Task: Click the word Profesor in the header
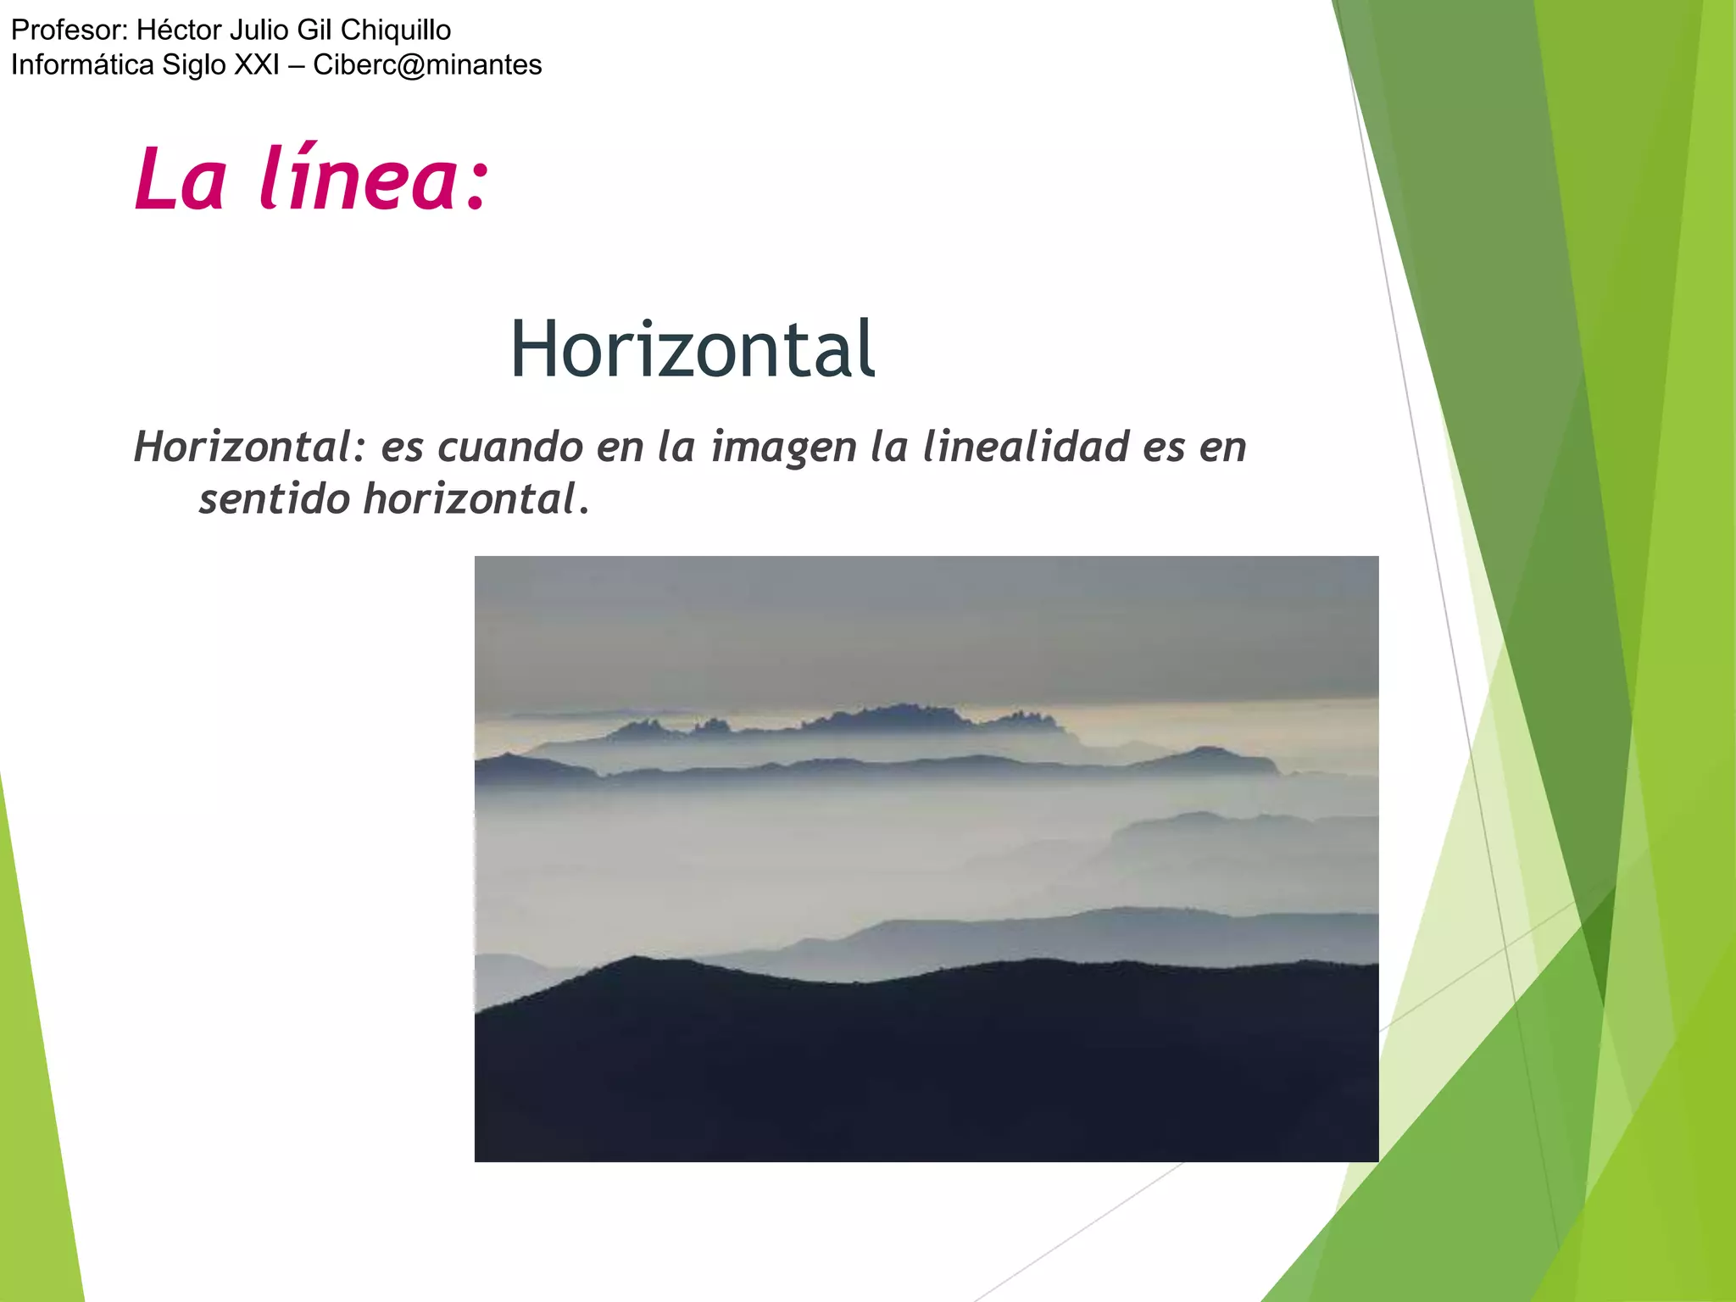tap(68, 31)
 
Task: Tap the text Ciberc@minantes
tap(427, 65)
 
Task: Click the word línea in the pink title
tap(373, 179)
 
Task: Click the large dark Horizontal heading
tap(692, 348)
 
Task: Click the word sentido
tap(275, 498)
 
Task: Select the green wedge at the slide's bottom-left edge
tap(38, 1102)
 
